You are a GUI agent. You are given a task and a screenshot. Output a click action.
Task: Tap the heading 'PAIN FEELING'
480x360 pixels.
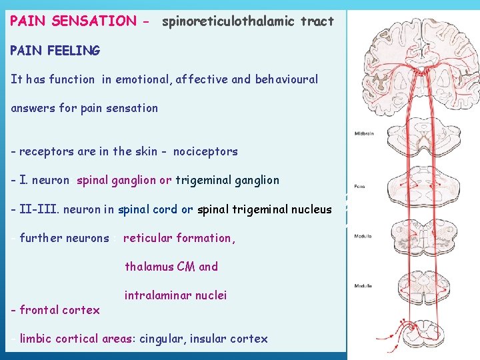pos(55,50)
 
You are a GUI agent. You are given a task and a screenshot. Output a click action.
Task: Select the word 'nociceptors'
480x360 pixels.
pos(205,151)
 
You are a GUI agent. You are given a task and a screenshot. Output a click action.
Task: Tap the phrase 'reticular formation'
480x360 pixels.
pos(177,238)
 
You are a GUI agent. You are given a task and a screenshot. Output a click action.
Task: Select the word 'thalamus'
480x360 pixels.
pos(149,267)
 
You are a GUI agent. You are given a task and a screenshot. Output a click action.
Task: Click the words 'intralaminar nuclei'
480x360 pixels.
pos(175,295)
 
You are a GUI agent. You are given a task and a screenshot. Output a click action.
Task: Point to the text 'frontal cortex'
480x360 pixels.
pos(59,310)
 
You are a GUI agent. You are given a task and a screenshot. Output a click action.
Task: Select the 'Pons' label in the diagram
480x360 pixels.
pos(359,186)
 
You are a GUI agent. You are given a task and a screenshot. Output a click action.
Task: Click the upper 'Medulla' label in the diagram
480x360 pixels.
pos(363,237)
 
